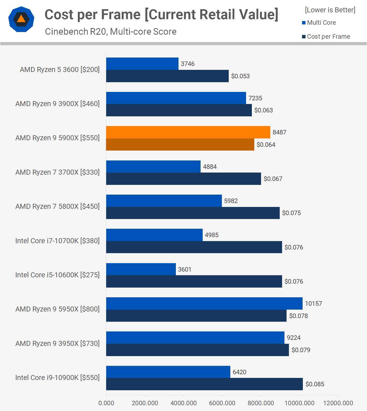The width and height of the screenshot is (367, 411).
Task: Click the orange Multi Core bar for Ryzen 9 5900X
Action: [x=188, y=132]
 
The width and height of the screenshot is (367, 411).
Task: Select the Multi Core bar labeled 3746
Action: [x=142, y=64]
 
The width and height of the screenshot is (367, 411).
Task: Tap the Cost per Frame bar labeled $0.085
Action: [x=204, y=384]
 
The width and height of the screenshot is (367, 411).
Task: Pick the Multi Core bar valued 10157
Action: [x=204, y=303]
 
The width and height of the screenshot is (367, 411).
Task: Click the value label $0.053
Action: [x=240, y=76]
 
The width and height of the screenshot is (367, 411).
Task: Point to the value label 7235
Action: [x=255, y=98]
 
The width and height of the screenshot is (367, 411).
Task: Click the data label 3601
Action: [x=185, y=269]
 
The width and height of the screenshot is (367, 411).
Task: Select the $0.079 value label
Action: [x=301, y=350]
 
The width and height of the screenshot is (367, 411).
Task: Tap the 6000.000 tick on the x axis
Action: [x=222, y=403]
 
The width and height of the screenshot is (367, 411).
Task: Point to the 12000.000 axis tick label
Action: [x=338, y=403]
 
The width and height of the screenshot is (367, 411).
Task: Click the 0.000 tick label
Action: [x=106, y=403]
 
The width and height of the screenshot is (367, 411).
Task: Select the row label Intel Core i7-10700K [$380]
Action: [x=57, y=241]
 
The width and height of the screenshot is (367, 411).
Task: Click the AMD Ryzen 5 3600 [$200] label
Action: [x=60, y=70]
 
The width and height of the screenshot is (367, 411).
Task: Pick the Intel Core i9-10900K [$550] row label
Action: [x=57, y=378]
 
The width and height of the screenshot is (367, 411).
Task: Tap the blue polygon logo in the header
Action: [x=21, y=19]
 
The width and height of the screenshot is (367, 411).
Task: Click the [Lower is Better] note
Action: [x=330, y=10]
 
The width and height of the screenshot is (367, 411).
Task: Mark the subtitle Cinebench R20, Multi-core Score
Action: [x=111, y=32]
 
